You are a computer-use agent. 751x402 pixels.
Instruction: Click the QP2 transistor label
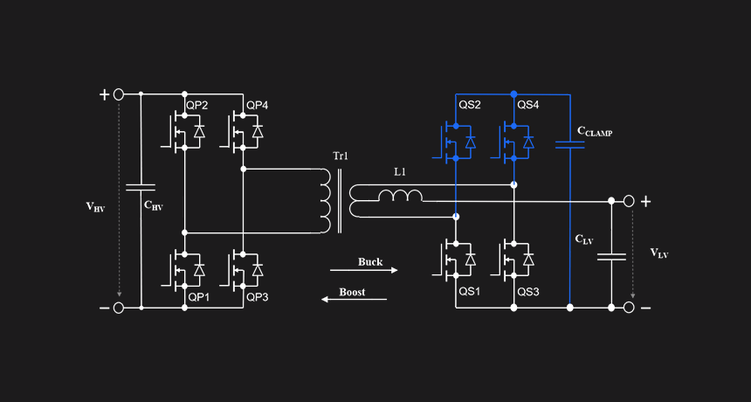[197, 106]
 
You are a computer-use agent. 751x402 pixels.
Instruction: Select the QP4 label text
[258, 106]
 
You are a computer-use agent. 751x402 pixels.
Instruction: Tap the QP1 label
[199, 297]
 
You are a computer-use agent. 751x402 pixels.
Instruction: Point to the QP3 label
[258, 297]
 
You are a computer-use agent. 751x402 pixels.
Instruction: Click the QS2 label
[470, 106]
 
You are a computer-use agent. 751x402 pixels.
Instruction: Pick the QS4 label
[528, 106]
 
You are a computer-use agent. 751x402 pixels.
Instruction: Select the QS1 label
[470, 291]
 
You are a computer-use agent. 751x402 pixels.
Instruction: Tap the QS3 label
[528, 291]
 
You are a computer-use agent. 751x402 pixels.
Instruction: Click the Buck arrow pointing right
[364, 270]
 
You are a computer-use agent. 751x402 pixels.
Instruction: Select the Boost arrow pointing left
[354, 300]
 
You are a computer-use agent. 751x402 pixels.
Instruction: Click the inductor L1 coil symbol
[401, 196]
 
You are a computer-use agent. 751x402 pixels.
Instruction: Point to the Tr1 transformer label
[341, 156]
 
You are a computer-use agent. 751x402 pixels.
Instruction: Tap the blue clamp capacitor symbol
[570, 145]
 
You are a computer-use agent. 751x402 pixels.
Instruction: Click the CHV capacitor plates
[141, 187]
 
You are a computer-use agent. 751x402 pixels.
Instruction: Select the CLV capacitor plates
[611, 257]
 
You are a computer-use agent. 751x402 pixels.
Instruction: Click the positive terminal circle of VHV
[118, 94]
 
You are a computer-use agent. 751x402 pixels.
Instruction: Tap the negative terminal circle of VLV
[629, 308]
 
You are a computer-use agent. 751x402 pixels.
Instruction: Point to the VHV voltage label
[95, 207]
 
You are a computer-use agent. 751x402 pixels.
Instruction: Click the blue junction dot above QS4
[514, 94]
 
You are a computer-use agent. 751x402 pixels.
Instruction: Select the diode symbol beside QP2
[199, 131]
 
